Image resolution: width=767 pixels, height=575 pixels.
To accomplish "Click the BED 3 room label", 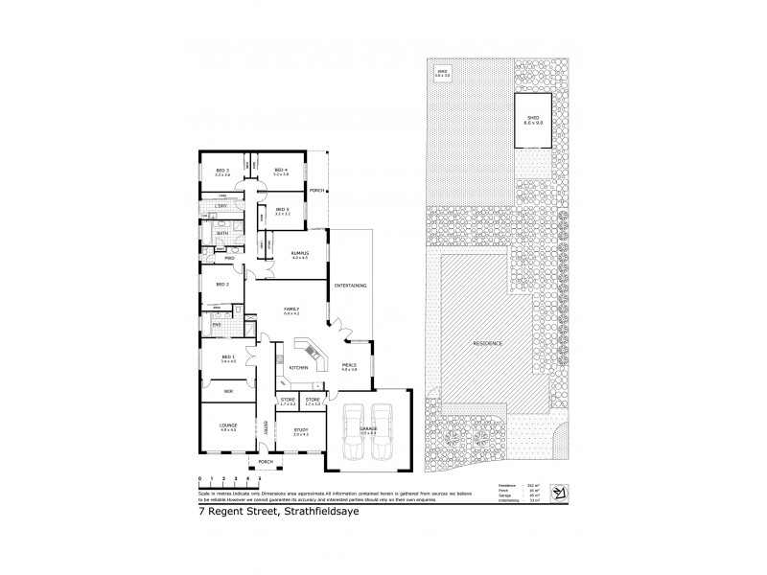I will (x=222, y=171).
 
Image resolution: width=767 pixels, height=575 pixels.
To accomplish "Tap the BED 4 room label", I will (x=281, y=171).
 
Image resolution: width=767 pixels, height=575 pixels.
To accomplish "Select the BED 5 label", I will (x=282, y=209).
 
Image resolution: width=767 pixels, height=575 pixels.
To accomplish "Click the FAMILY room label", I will (x=292, y=309).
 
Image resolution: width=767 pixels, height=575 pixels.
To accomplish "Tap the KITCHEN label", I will (x=298, y=367).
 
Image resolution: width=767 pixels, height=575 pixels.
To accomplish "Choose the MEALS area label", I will (x=349, y=363).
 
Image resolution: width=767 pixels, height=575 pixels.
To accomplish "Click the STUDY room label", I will (x=301, y=429).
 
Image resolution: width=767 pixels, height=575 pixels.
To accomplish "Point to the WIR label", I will (x=228, y=391).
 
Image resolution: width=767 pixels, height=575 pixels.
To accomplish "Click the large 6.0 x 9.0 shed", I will (x=534, y=121).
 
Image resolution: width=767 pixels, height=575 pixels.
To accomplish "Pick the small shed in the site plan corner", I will (x=443, y=72).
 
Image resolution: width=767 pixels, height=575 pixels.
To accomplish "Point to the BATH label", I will (x=221, y=232).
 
